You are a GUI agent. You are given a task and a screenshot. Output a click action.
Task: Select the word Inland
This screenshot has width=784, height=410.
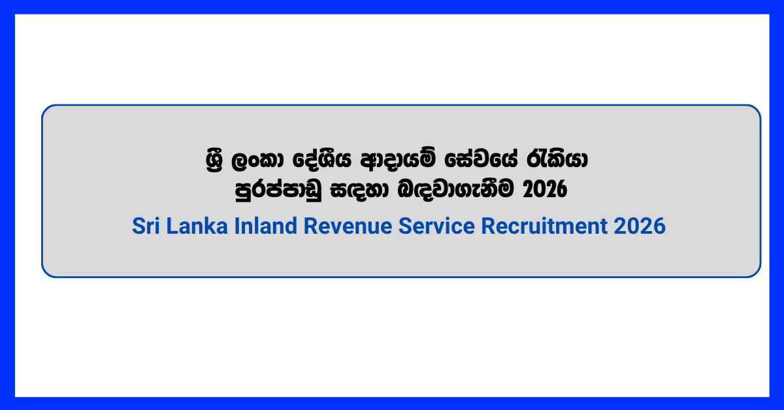(266, 226)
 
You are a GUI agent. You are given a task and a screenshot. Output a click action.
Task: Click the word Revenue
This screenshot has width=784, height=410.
(348, 226)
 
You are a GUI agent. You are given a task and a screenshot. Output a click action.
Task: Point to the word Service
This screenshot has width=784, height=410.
(436, 226)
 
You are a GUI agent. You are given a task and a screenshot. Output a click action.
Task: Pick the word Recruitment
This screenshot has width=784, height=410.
(544, 226)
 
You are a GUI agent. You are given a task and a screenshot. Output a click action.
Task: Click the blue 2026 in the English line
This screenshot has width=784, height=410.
(640, 226)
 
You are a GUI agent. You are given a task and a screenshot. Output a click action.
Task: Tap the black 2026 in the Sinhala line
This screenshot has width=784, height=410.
(545, 189)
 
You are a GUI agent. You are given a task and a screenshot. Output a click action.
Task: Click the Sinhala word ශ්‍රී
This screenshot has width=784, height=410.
(214, 160)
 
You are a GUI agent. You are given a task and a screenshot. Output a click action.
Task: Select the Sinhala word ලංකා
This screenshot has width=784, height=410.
(258, 161)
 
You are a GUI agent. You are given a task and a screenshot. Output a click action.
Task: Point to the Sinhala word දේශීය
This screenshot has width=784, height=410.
(322, 160)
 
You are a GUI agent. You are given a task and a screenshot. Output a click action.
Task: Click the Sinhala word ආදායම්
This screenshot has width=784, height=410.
(399, 159)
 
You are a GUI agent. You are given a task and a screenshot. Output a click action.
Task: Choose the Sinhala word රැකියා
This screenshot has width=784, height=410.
(557, 160)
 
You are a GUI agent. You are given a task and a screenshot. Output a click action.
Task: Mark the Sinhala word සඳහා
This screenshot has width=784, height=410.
(359, 190)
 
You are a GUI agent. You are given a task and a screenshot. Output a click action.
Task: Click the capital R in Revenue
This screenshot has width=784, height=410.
(310, 226)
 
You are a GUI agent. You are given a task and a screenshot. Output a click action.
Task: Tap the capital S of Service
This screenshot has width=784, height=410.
(404, 226)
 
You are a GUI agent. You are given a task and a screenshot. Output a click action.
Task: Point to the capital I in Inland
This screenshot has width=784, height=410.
(237, 226)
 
